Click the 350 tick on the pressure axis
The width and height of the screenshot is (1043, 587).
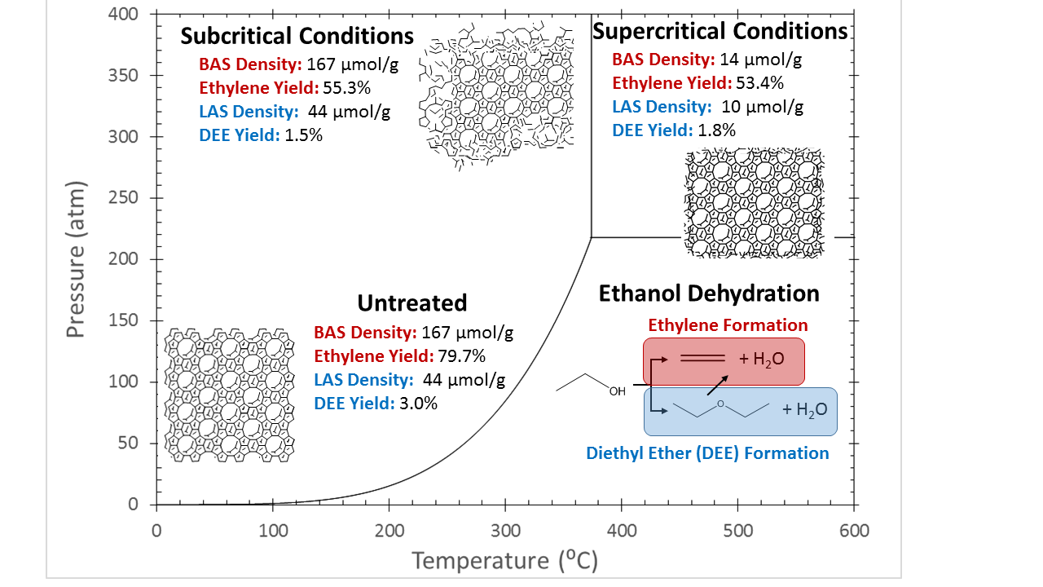125,76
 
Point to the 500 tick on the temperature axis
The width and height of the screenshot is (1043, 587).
737,531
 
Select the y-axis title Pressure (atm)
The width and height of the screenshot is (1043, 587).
77,259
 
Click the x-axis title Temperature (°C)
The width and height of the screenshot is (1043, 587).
506,561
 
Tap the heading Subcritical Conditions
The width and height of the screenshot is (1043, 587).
297,37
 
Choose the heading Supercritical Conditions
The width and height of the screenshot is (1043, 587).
720,31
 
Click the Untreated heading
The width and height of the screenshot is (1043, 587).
412,302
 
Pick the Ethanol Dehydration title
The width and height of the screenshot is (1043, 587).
709,293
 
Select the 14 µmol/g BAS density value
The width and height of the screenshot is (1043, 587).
761,60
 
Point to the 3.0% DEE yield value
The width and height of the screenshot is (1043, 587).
417,403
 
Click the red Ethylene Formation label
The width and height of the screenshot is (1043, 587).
728,325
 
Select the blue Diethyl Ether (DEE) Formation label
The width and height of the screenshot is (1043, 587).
707,453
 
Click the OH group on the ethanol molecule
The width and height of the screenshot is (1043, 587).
618,392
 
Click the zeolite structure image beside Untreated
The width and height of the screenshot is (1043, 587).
231,394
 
